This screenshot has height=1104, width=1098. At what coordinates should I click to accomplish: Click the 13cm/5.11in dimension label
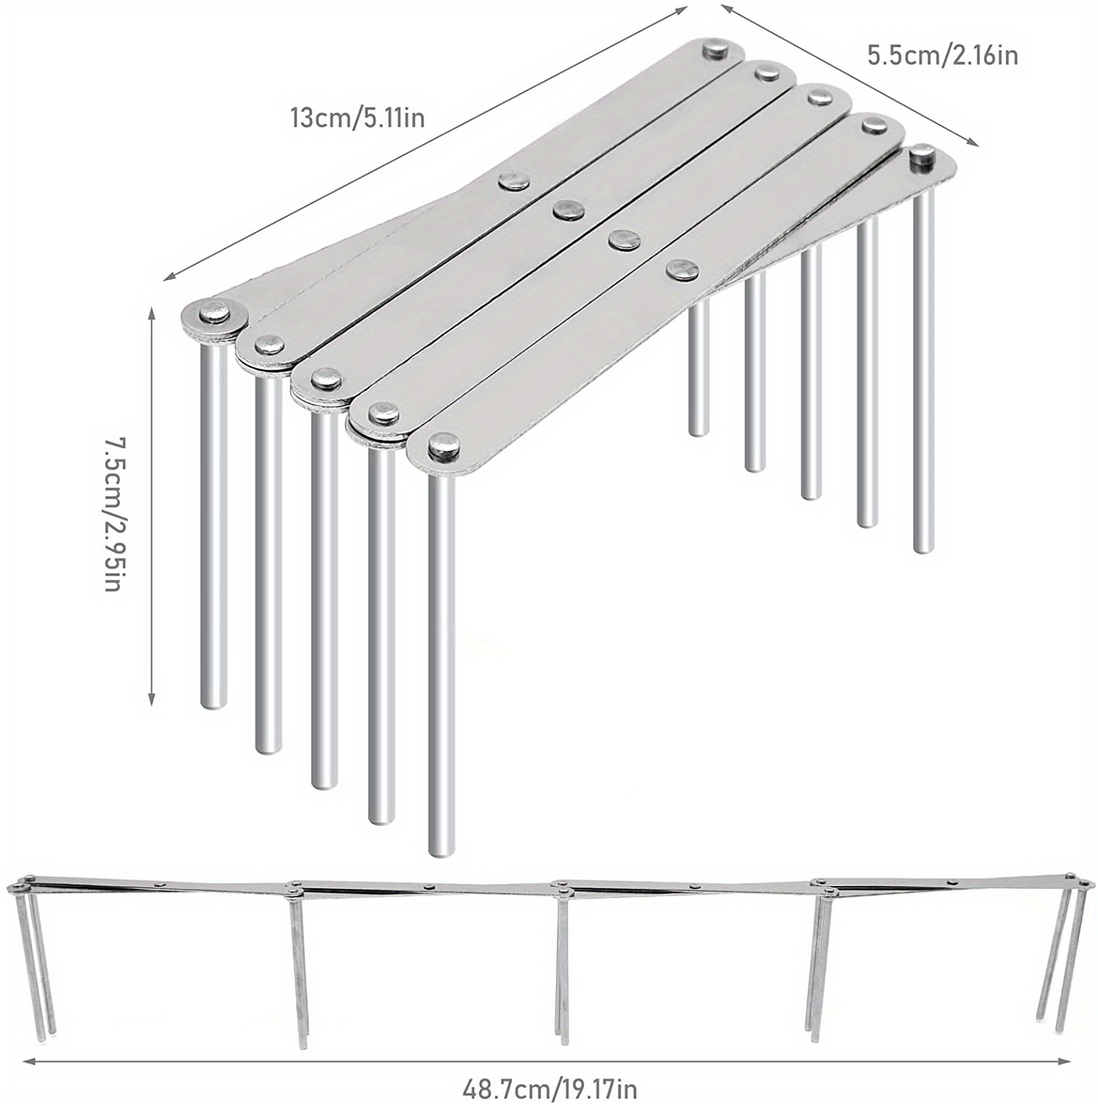[357, 117]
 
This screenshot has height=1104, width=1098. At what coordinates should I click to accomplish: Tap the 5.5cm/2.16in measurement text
[942, 55]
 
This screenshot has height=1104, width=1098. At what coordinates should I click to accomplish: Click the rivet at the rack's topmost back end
[714, 50]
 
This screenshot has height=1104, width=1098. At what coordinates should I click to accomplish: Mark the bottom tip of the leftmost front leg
[214, 704]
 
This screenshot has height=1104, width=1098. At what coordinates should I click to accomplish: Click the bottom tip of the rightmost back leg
[923, 548]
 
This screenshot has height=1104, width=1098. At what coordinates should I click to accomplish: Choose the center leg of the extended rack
[562, 964]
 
